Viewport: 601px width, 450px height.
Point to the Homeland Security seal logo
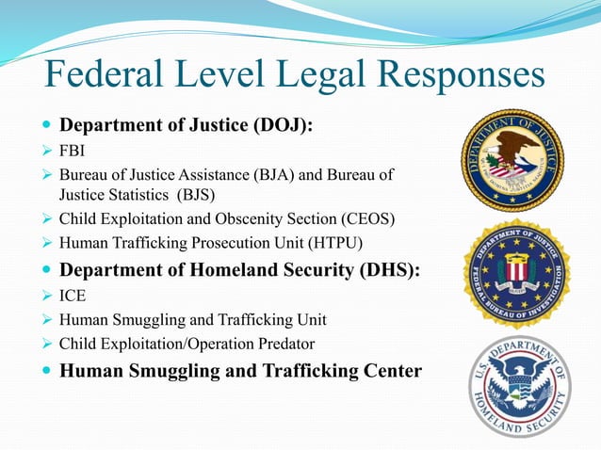click(519, 386)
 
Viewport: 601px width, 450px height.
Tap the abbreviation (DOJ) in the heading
click(280, 125)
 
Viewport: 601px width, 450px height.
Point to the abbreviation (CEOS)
click(363, 218)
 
